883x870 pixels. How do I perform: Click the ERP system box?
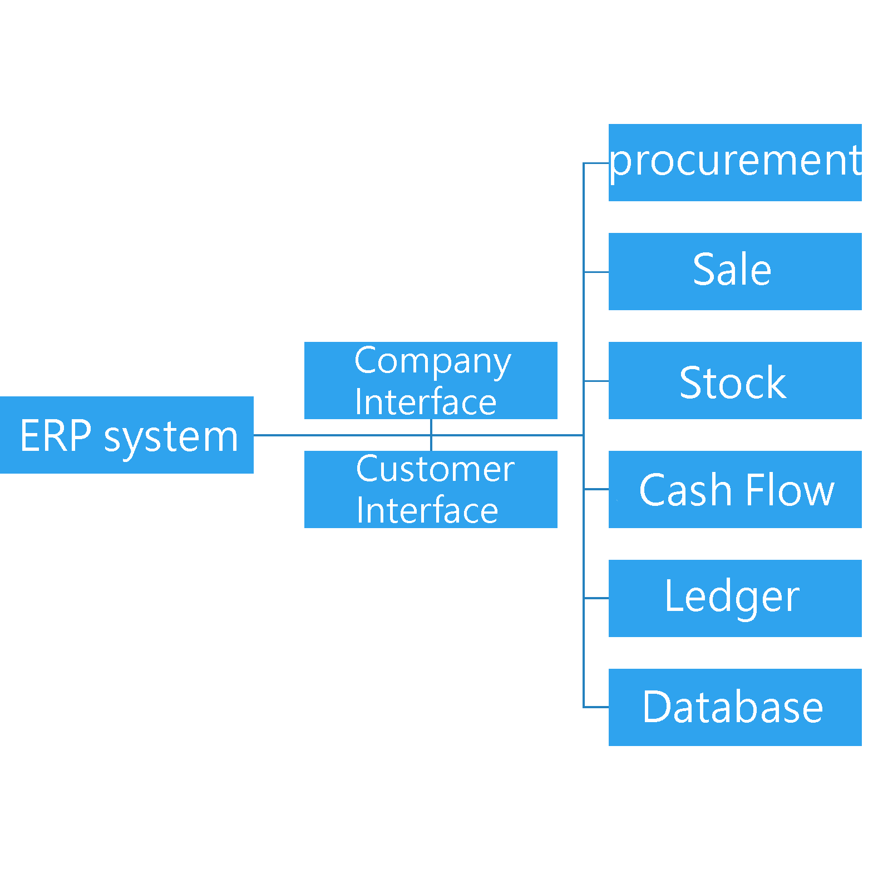click(x=126, y=435)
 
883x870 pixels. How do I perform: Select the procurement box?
click(x=734, y=162)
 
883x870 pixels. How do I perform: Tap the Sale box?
click(x=734, y=271)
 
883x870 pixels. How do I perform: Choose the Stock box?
click(x=734, y=380)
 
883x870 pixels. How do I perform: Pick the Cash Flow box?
click(x=734, y=489)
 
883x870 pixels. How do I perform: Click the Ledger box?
click(x=734, y=598)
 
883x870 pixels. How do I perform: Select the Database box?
click(x=734, y=707)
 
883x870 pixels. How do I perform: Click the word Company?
click(x=432, y=362)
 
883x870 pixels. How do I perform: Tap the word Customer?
click(x=435, y=469)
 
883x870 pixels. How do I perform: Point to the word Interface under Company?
click(x=426, y=402)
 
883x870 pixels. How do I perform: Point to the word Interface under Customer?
click(x=427, y=510)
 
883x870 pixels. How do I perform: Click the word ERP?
click(x=56, y=436)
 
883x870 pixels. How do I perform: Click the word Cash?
click(x=685, y=490)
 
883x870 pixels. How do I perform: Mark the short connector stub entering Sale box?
click(x=596, y=272)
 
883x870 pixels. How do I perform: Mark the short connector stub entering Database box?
click(x=596, y=707)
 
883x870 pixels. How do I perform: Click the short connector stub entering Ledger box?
click(x=596, y=598)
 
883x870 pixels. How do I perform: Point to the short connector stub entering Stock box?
click(x=596, y=381)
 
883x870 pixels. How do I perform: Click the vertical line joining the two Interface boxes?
click(x=431, y=435)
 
